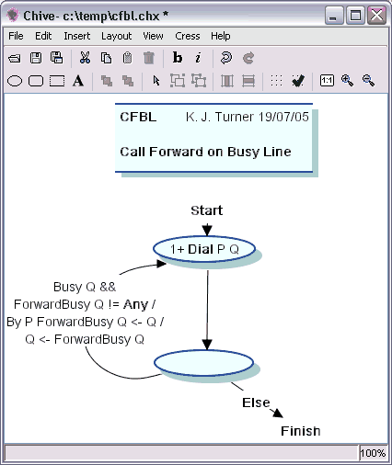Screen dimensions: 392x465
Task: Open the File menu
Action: point(16,36)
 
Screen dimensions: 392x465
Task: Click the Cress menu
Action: point(188,36)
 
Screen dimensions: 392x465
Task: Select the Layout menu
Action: point(116,37)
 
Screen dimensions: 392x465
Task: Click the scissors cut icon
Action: point(85,58)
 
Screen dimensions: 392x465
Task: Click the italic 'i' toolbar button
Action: point(198,58)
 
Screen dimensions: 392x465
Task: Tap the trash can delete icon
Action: point(149,58)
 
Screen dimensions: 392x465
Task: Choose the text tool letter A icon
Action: point(78,81)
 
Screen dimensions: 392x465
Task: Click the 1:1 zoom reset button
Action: point(327,81)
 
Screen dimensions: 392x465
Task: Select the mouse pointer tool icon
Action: point(156,81)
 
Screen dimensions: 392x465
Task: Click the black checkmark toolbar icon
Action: point(298,81)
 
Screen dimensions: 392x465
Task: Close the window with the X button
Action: point(376,15)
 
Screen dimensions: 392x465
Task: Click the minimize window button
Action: point(333,15)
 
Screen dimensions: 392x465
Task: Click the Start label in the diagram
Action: point(207,210)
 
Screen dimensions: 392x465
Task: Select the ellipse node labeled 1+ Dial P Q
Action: point(204,249)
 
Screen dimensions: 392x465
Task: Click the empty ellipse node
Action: point(203,363)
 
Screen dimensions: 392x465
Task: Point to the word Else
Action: point(256,403)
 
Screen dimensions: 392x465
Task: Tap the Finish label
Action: point(301,431)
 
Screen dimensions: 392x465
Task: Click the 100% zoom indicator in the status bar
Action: point(373,453)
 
